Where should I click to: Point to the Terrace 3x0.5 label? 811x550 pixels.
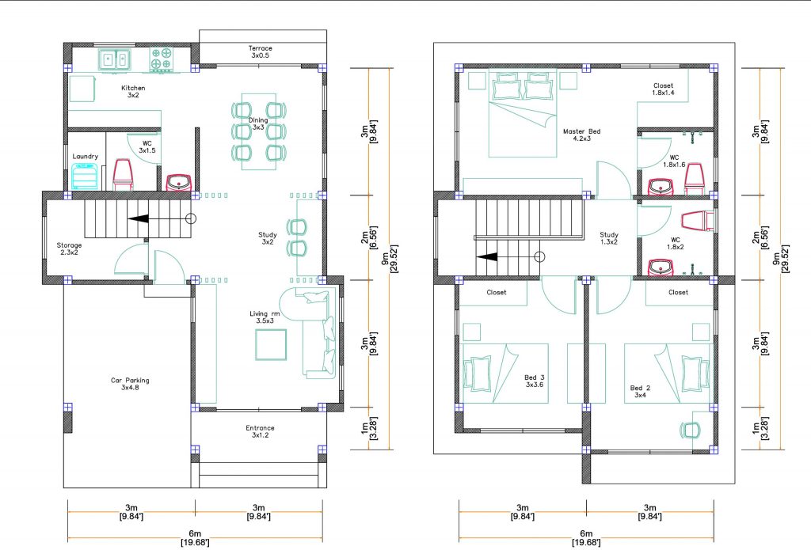[261, 52]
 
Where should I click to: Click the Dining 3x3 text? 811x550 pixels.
[258, 123]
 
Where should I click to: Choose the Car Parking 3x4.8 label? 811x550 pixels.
[129, 384]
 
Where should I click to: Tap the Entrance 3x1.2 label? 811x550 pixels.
[260, 431]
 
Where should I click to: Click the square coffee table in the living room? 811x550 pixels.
[270, 344]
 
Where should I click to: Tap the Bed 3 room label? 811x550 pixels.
[535, 381]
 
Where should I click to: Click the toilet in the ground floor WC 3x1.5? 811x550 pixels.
[123, 175]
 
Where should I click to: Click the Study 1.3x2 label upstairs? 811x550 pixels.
[608, 239]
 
